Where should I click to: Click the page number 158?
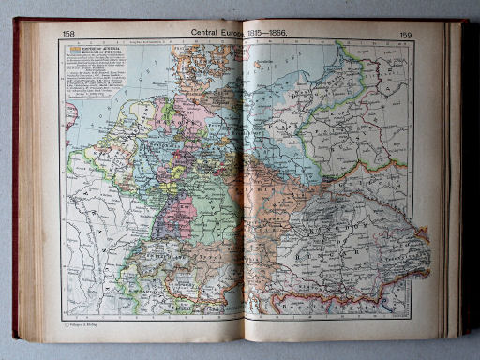pos(68,34)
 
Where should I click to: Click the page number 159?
pos(405,36)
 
